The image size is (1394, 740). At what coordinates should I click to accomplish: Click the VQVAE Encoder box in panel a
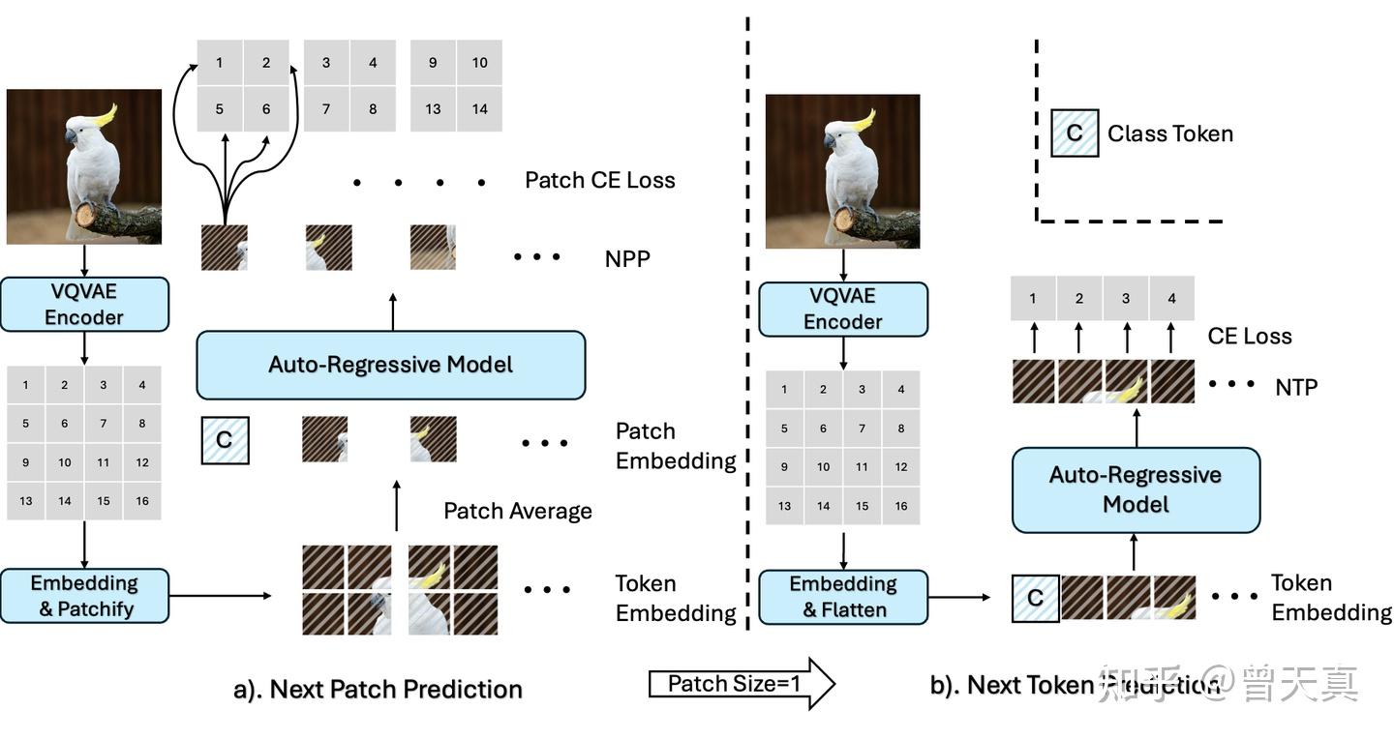[x=84, y=305]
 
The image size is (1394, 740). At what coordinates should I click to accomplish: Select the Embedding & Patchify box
[x=84, y=596]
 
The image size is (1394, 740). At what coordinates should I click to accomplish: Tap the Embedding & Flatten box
[x=842, y=597]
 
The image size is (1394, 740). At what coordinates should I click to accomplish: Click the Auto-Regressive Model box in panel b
[x=1136, y=489]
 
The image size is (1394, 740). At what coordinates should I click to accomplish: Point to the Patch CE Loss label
[x=599, y=180]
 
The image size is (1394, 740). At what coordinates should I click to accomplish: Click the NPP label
[x=626, y=259]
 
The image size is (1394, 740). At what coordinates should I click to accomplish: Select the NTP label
[x=1295, y=387]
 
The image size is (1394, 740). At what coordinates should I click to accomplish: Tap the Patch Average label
[x=517, y=511]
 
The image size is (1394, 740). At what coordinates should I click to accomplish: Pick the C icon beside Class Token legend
[x=1075, y=133]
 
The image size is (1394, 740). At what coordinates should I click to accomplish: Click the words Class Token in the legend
[x=1169, y=133]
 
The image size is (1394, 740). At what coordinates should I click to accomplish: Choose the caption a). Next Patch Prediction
[x=378, y=689]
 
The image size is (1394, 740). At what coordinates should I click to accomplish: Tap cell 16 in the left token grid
[x=142, y=501]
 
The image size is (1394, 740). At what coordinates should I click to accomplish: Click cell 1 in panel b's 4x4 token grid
[x=784, y=390]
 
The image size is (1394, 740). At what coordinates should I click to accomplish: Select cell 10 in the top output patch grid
[x=479, y=63]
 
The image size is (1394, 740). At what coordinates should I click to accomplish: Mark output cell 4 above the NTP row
[x=1171, y=299]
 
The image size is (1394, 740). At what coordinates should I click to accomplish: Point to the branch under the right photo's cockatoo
[x=876, y=224]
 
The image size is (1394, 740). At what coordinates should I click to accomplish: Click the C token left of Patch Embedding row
[x=225, y=440]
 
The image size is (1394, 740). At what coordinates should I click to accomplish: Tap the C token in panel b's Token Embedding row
[x=1035, y=598]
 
